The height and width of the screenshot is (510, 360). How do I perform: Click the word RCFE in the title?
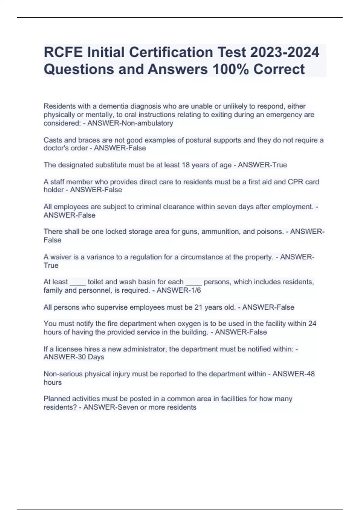click(63, 52)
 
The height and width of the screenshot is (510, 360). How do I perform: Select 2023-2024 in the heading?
click(285, 52)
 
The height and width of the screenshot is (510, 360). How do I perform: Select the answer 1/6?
click(193, 290)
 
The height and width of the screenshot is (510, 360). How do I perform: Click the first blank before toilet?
click(78, 282)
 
